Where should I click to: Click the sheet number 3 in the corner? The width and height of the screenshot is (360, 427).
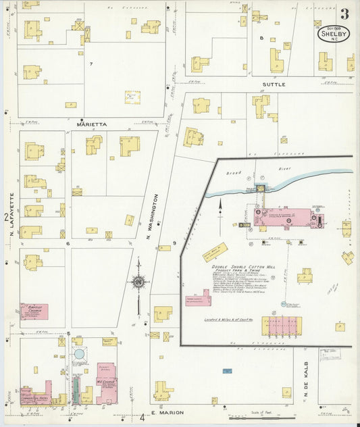coord(344,14)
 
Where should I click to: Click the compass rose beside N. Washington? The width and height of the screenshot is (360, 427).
coord(138,281)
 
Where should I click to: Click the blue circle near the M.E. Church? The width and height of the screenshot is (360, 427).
coord(80,354)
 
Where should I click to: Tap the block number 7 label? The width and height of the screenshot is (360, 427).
coord(90,64)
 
